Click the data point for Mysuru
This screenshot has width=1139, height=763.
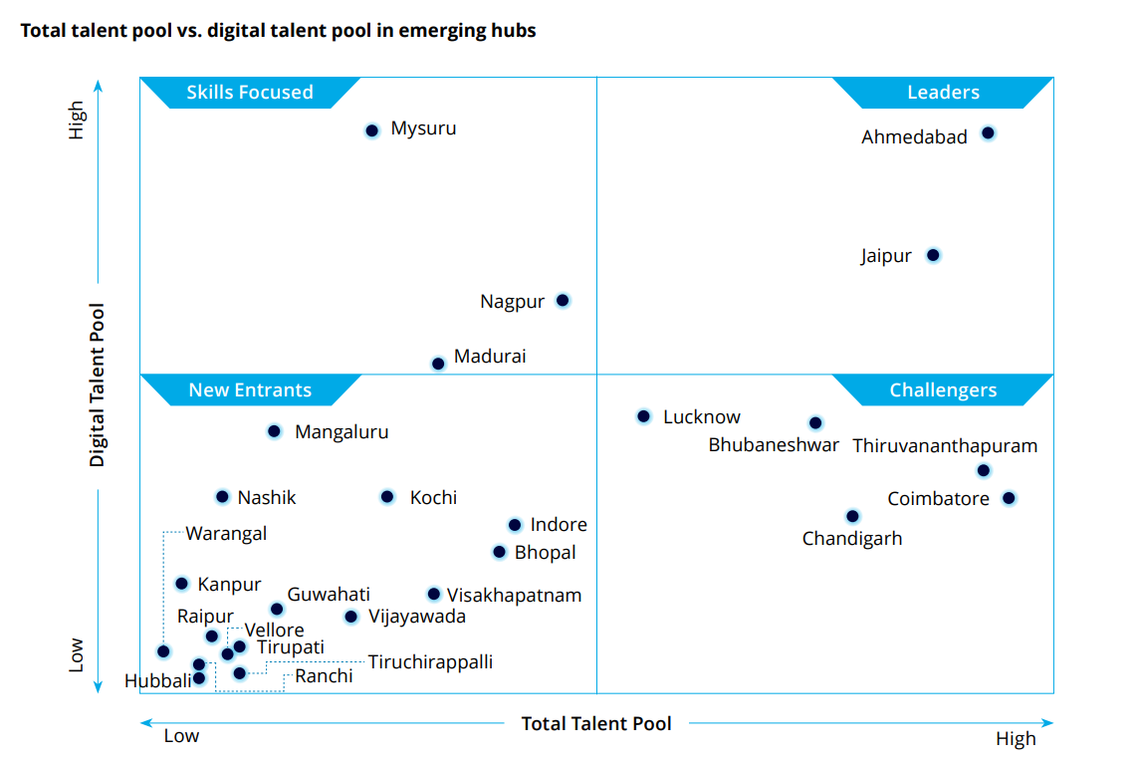coord(372,130)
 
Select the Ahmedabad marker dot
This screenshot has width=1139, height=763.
coord(988,132)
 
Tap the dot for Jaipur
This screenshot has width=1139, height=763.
coord(933,255)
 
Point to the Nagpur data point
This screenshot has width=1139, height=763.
coord(563,300)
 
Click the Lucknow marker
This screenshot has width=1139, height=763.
coord(644,416)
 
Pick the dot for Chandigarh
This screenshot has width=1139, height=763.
coord(852,516)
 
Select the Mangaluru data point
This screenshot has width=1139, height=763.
coord(275,431)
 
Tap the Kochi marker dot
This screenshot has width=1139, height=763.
coord(387,497)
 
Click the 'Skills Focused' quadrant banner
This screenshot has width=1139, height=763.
coord(250,93)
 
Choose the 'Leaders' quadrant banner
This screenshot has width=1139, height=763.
coord(943,93)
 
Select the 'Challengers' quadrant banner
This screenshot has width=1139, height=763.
coord(943,390)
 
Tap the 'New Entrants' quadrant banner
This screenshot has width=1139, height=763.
coord(250,390)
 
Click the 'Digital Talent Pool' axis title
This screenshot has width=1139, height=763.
coord(98,385)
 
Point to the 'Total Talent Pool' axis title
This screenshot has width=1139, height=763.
coord(596,724)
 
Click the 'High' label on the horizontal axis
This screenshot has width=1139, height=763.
coord(1016,739)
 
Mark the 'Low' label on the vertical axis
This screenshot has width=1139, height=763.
coord(77,654)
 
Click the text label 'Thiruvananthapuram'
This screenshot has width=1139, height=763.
coord(945,446)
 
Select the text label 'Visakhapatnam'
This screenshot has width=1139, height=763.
coord(514,596)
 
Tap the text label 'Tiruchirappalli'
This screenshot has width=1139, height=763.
coord(430,661)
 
